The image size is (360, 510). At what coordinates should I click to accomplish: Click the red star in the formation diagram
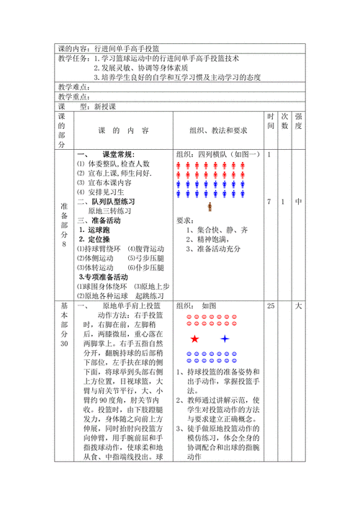pyautogui.click(x=194, y=339)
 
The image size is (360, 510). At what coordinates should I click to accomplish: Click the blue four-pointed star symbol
pyautogui.click(x=225, y=339)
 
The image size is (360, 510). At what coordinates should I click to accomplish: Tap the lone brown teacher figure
pyautogui.click(x=210, y=207)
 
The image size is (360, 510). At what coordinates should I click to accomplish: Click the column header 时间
pyautogui.click(x=270, y=125)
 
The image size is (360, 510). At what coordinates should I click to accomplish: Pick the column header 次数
pyautogui.click(x=284, y=125)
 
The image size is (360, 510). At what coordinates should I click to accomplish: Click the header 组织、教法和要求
pyautogui.click(x=217, y=131)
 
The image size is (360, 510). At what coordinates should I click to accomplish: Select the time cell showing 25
pyautogui.click(x=271, y=306)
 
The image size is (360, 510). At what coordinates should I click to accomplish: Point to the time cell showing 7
pyautogui.click(x=269, y=202)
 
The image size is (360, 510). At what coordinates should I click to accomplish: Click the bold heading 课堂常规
pyautogui.click(x=117, y=155)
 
